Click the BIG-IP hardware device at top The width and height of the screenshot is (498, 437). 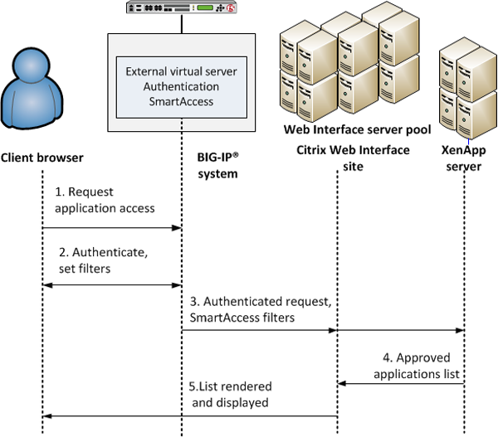[x=181, y=8]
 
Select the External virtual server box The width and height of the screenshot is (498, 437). [x=181, y=86]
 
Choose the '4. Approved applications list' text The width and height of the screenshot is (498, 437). [x=413, y=367]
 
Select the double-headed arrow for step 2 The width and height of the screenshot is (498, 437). [x=112, y=285]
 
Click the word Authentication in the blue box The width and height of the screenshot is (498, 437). [x=181, y=86]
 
